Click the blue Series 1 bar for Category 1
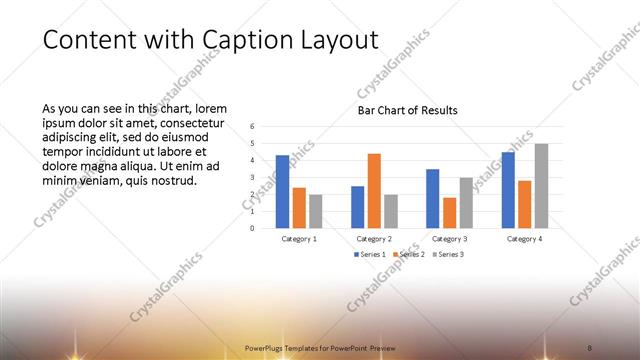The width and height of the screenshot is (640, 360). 282,191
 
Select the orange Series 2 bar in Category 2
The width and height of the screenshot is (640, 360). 374,190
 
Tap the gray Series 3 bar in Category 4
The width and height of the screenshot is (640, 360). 541,186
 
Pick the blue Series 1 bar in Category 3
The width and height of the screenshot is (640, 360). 432,198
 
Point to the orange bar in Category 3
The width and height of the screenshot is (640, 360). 449,212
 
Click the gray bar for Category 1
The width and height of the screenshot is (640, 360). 316,211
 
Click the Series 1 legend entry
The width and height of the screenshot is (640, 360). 370,255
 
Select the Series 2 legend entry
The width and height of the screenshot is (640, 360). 410,255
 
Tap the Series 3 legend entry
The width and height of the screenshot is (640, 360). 448,255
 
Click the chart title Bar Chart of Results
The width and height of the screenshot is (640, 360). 407,110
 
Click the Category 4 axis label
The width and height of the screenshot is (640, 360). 524,239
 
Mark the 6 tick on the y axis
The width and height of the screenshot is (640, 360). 253,127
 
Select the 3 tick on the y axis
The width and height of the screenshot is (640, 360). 253,177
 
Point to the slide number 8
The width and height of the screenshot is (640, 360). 589,346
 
